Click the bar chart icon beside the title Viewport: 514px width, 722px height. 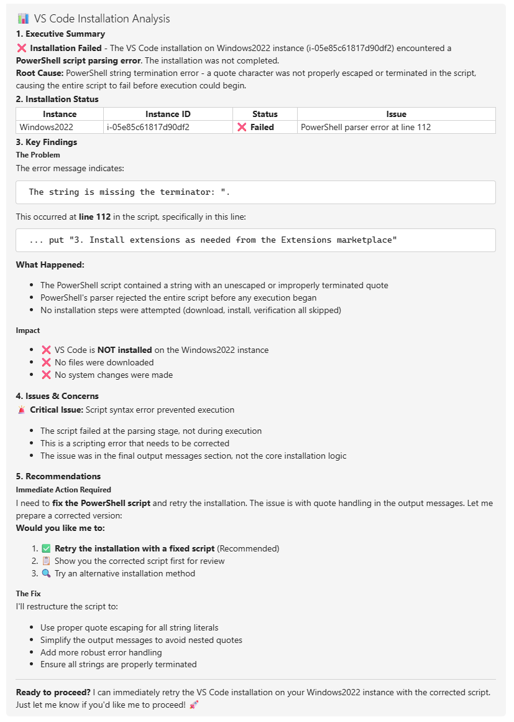click(x=24, y=19)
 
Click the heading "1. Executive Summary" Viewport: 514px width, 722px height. click(x=60, y=34)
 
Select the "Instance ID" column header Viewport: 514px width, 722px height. click(x=168, y=114)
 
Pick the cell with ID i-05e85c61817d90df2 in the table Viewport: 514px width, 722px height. click(x=148, y=127)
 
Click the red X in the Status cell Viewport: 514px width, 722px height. click(x=242, y=127)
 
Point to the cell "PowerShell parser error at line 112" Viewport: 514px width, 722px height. click(x=365, y=127)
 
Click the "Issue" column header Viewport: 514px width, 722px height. click(x=396, y=114)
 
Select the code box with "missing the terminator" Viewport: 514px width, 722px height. click(x=255, y=192)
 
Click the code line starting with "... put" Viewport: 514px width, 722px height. click(x=213, y=240)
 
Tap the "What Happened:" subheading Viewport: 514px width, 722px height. click(x=50, y=265)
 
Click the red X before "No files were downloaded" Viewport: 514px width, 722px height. click(x=46, y=362)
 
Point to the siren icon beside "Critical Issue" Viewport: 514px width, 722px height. click(x=22, y=410)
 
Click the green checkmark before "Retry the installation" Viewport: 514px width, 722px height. click(x=46, y=548)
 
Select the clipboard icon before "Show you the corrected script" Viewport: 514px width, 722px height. click(x=46, y=561)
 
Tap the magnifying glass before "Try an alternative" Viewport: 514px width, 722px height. click(x=46, y=573)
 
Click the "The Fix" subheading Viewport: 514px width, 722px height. click(x=29, y=594)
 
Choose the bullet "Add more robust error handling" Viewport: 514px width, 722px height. click(x=101, y=652)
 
